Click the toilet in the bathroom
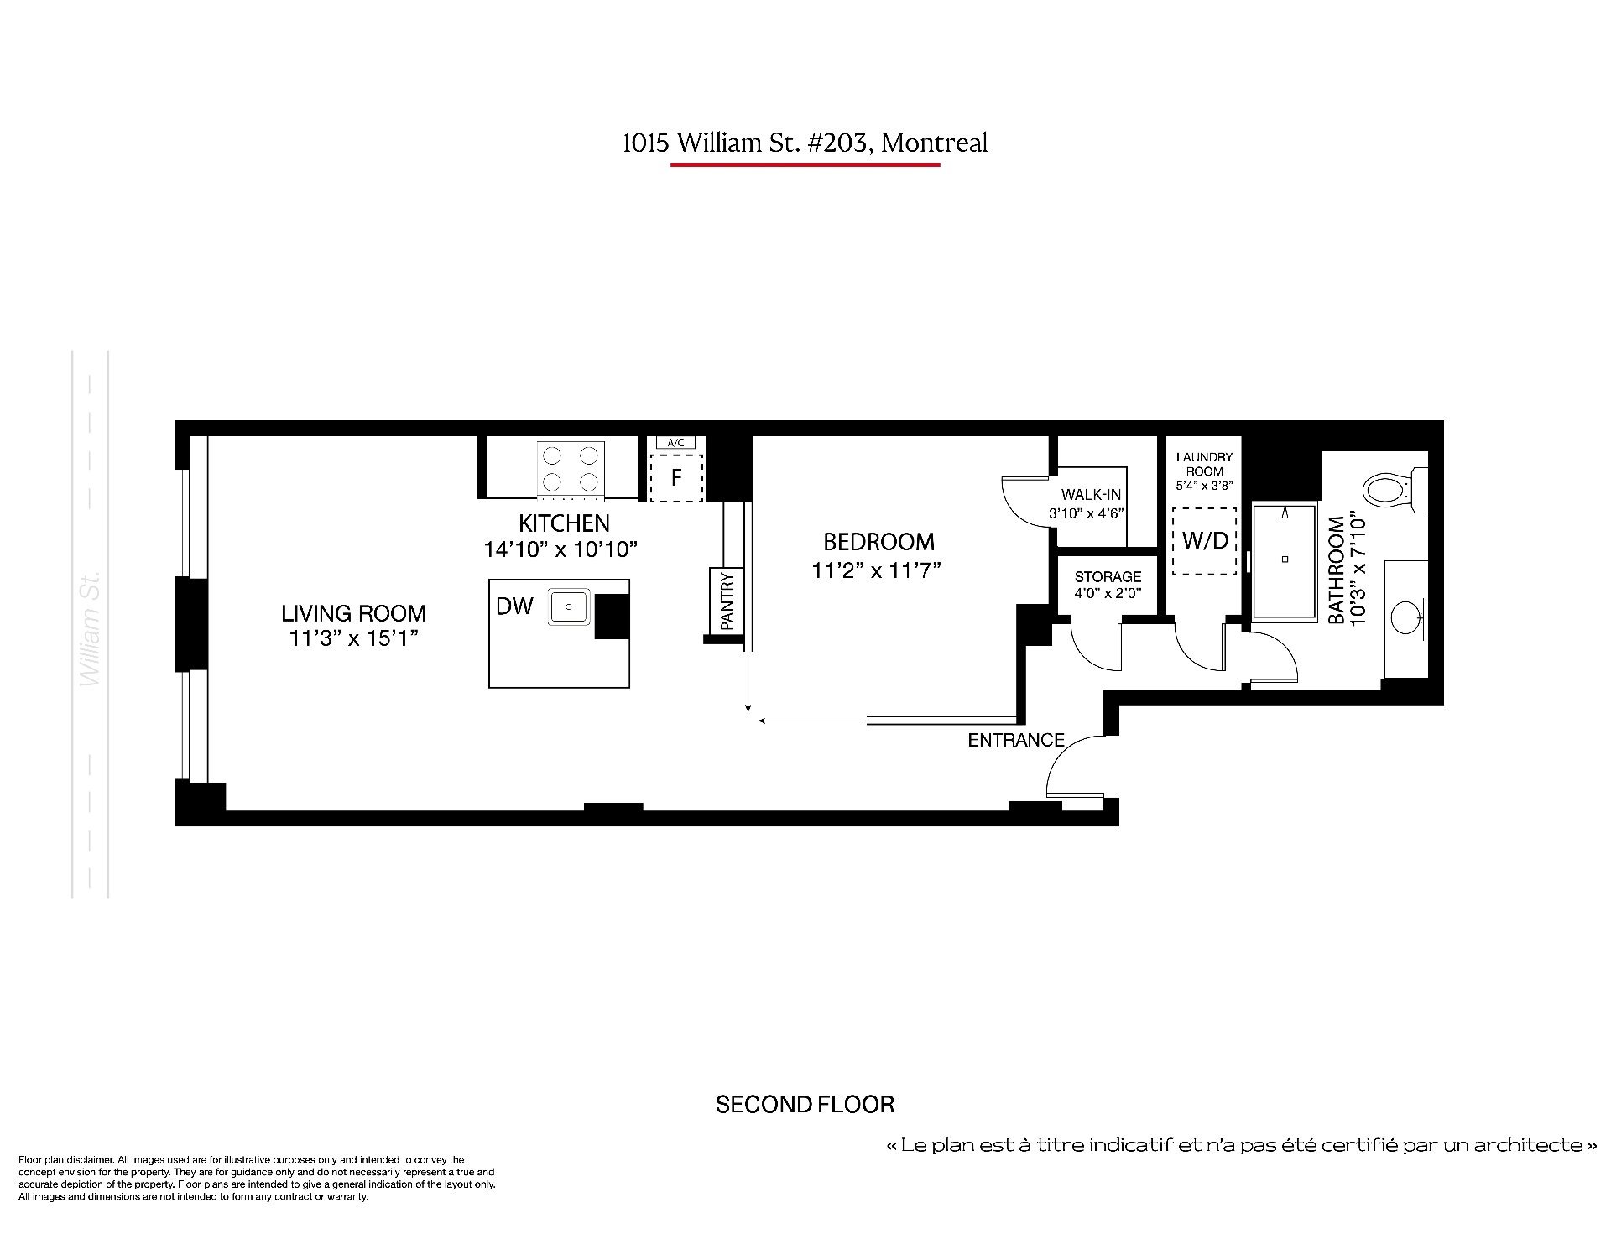pyautogui.click(x=1395, y=490)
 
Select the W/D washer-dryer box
pyautogui.click(x=1204, y=541)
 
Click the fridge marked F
pyautogui.click(x=676, y=477)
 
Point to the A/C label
pyautogui.click(x=675, y=442)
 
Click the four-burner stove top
pyautogui.click(x=571, y=468)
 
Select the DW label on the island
pyautogui.click(x=514, y=606)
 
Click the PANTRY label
pyautogui.click(x=727, y=601)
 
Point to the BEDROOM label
pyautogui.click(x=878, y=542)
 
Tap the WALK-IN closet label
pyautogui.click(x=1091, y=495)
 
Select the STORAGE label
pyautogui.click(x=1108, y=576)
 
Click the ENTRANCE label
pyautogui.click(x=1016, y=740)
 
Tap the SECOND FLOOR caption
pyautogui.click(x=805, y=1105)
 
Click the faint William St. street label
pyautogui.click(x=90, y=628)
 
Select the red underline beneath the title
pyautogui.click(x=805, y=164)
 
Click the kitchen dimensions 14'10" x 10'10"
pyautogui.click(x=560, y=549)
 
